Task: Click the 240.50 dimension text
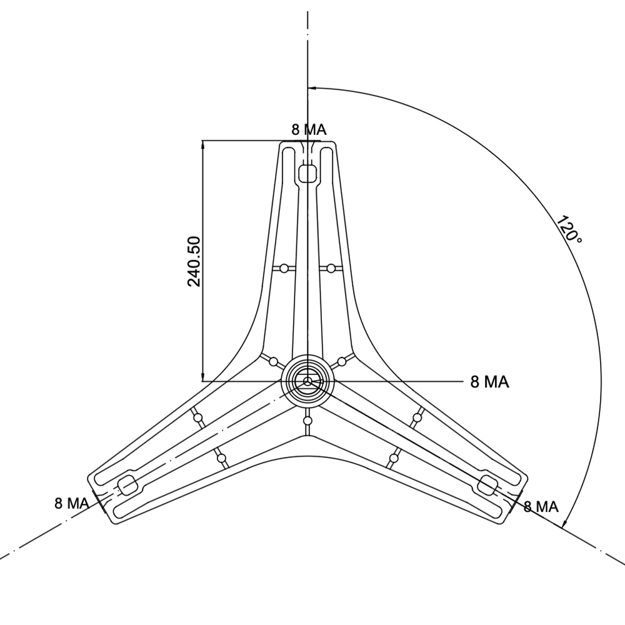(194, 261)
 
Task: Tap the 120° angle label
(569, 229)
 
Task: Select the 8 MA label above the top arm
(309, 129)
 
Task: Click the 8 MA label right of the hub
(490, 382)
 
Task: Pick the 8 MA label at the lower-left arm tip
(72, 503)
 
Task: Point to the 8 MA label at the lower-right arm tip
(541, 507)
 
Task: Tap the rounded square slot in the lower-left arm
(127, 485)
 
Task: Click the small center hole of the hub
(307, 382)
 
